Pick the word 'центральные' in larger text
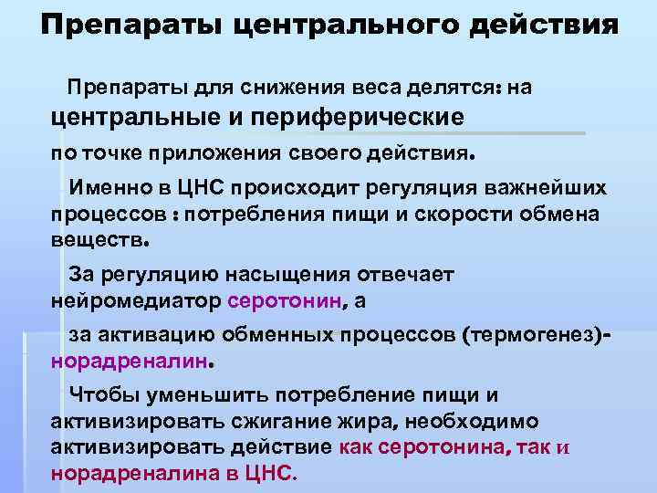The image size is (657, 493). pyautogui.click(x=141, y=116)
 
